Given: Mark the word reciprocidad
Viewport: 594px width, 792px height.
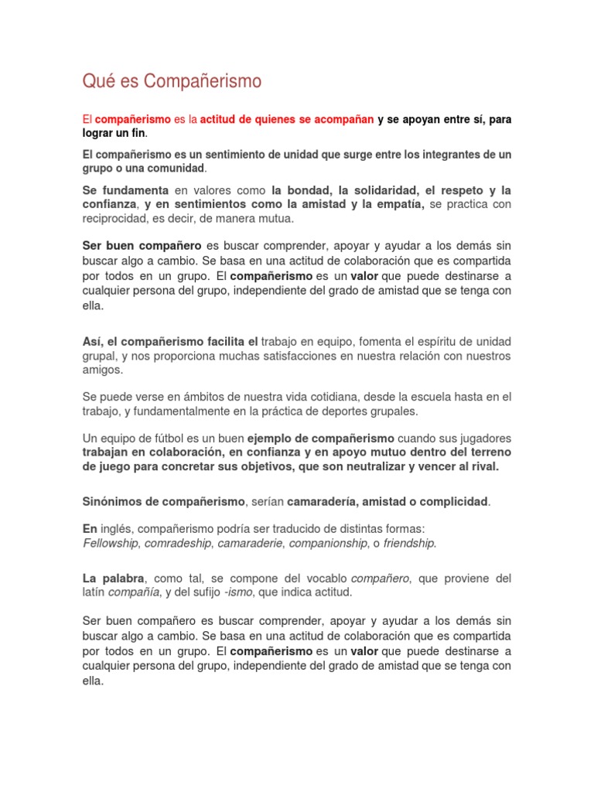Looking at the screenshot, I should click(117, 218).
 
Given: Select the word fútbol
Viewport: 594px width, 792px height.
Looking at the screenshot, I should click(177, 438).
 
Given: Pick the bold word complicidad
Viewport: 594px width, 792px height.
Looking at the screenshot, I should click(449, 502).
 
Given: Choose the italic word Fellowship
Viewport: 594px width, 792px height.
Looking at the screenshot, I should click(111, 543).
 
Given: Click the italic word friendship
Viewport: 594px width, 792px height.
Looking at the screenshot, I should click(408, 543).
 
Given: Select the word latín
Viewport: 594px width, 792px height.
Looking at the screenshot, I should click(96, 592).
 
